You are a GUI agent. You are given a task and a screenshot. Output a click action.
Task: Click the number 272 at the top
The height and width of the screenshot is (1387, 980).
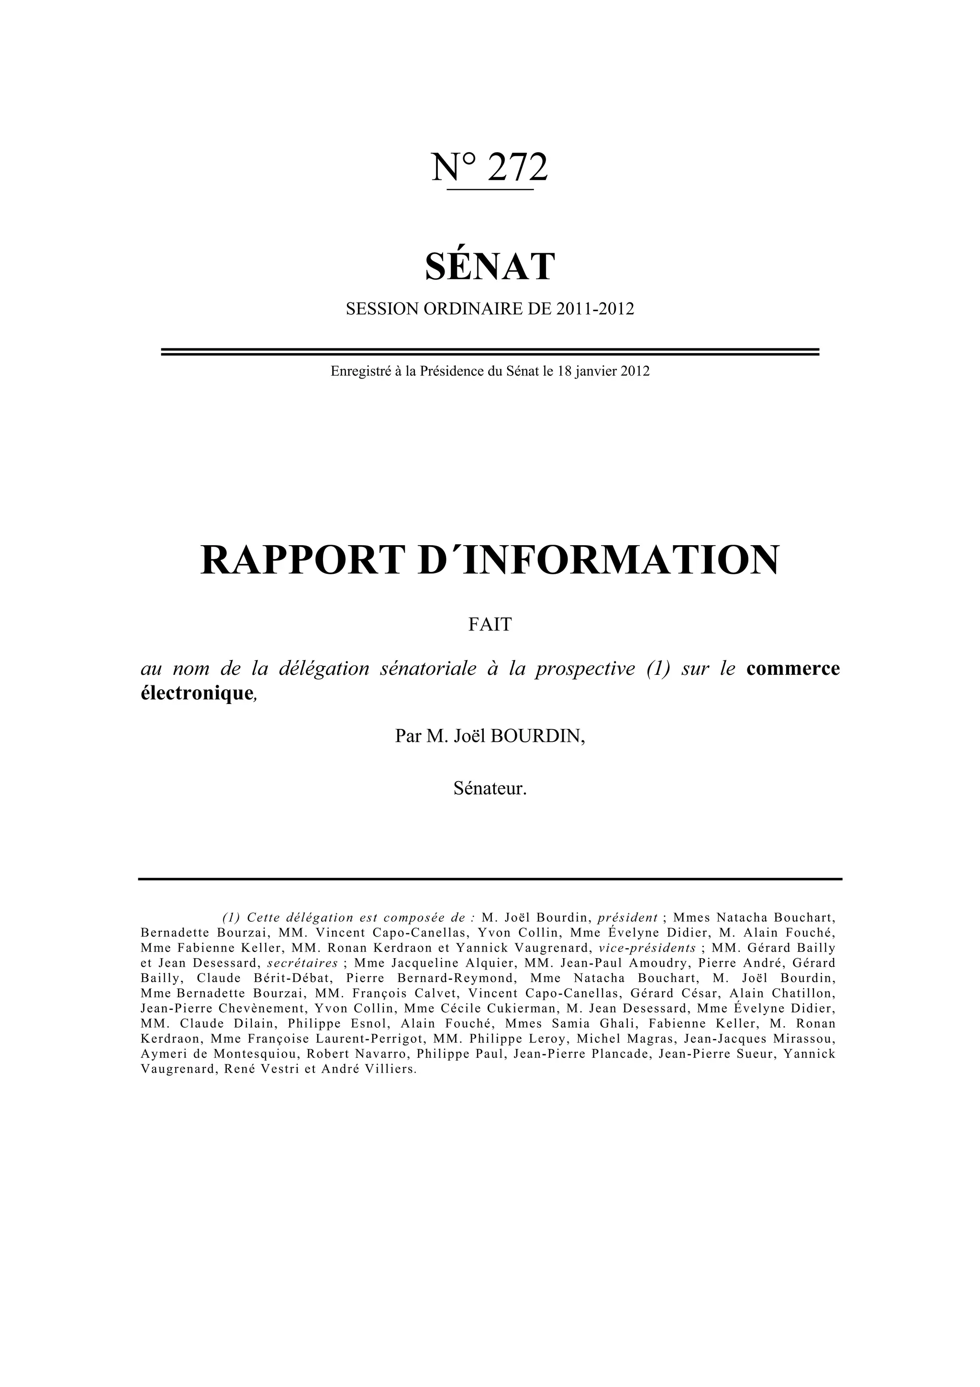pyautogui.click(x=517, y=168)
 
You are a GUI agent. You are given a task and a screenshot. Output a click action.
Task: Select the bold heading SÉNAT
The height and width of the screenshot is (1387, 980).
pyautogui.click(x=490, y=267)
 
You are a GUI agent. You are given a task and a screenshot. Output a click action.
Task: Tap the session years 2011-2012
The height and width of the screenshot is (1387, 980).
pyautogui.click(x=595, y=309)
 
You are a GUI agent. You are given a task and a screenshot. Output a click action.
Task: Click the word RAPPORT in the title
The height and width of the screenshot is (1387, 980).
pyautogui.click(x=300, y=560)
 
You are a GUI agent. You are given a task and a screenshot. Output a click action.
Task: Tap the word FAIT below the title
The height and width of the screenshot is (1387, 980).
pyautogui.click(x=490, y=624)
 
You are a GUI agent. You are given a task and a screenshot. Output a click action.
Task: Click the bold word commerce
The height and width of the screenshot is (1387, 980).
pyautogui.click(x=793, y=669)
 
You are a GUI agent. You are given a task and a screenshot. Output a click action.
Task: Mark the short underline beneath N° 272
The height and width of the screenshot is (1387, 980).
pyautogui.click(x=490, y=190)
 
